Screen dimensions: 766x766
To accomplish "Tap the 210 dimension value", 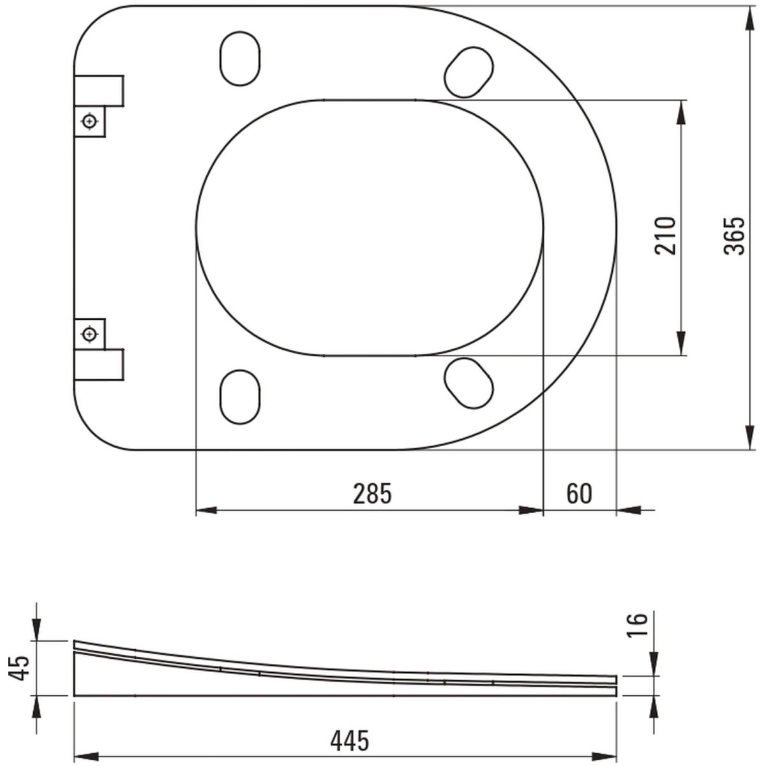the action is pyautogui.click(x=665, y=236).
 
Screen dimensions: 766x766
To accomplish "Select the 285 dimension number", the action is pyautogui.click(x=372, y=494).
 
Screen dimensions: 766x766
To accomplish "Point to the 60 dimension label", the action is pyautogui.click(x=579, y=494).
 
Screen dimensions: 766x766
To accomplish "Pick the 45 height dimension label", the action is pyautogui.click(x=19, y=668).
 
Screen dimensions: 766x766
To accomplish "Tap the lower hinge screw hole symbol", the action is pyautogui.click(x=90, y=334).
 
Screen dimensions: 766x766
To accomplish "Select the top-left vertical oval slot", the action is pyautogui.click(x=240, y=59).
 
